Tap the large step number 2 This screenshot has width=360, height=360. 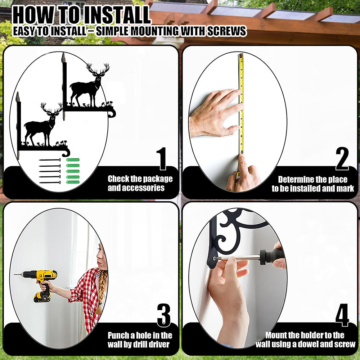click(342, 159)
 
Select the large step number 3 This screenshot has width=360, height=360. click(164, 315)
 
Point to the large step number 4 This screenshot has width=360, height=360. click(342, 315)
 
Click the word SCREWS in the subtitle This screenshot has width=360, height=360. click(226, 31)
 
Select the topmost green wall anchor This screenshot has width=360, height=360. click(73, 160)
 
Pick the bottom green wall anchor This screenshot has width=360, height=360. click(73, 182)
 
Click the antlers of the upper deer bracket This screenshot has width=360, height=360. click(98, 68)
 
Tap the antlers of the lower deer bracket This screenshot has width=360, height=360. click(51, 107)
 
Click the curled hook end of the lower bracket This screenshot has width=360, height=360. click(66, 152)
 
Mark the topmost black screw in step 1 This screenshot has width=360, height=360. click(50, 160)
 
